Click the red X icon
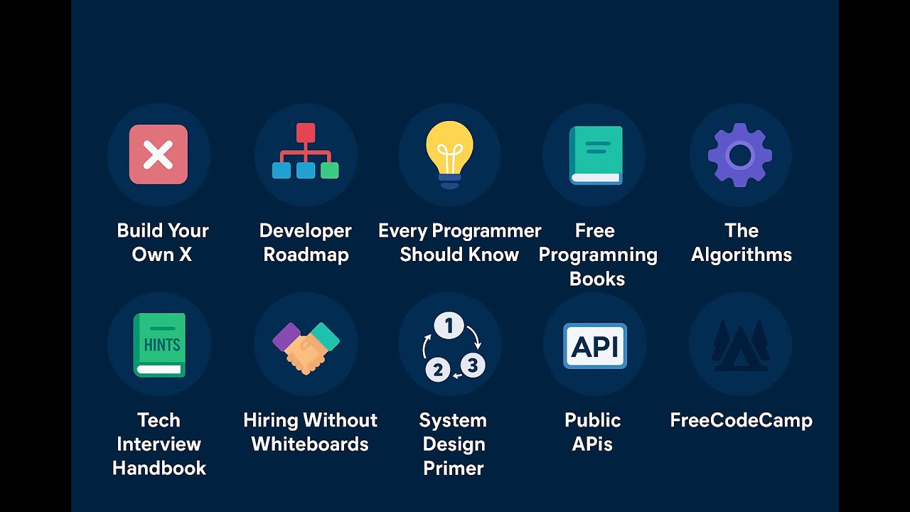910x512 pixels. coord(159,154)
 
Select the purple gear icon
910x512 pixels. coord(740,154)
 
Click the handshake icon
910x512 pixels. coord(306,347)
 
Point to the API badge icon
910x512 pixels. coord(595,346)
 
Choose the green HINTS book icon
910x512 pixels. coord(159,345)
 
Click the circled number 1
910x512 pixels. coord(449,326)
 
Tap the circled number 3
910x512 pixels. coord(473,366)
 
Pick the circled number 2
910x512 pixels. coord(438,370)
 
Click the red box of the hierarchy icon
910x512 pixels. coord(306,132)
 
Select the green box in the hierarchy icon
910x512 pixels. coord(329,171)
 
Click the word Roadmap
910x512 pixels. coord(306,255)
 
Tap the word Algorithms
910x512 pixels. coord(741,255)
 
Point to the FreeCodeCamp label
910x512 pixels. coord(741,420)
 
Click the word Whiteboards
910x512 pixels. coord(310,444)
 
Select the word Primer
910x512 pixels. coord(453,469)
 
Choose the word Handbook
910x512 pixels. coord(159,469)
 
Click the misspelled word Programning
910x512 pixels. coord(597,255)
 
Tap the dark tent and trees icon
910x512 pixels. coord(740,346)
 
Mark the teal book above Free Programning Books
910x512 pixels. coord(596,155)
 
